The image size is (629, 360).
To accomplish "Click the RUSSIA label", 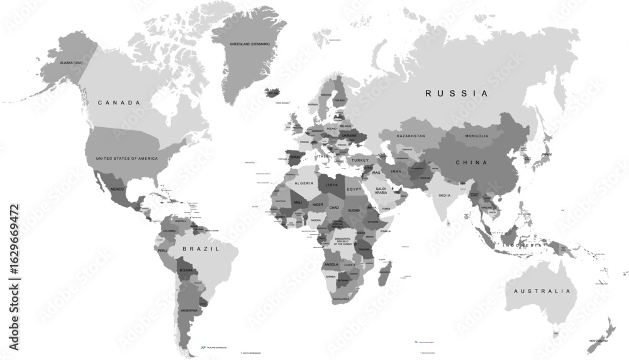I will (x=456, y=93).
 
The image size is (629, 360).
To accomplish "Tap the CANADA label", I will (x=118, y=102).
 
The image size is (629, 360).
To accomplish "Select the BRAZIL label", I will (x=201, y=249).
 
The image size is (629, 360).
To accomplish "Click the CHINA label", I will (x=471, y=162).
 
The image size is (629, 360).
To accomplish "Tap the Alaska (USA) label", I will (x=71, y=63).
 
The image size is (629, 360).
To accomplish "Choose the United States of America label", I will (x=126, y=159).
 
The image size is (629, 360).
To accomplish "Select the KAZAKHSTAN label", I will (x=410, y=136).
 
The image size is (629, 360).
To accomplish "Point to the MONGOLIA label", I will (x=476, y=136).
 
